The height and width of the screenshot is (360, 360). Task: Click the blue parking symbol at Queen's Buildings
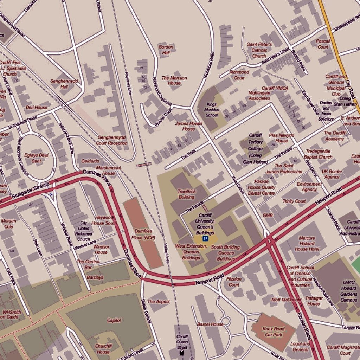point(205,239)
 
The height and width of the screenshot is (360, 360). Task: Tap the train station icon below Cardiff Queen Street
point(182,352)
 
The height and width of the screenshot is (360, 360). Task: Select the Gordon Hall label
point(166,50)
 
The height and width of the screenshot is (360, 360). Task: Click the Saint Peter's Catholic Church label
point(259,50)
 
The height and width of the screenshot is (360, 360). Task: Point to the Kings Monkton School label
point(212,110)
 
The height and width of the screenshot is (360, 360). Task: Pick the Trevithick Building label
point(186,194)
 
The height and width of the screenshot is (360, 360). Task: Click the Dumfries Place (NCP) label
point(143,234)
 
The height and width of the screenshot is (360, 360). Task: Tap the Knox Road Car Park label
point(274,332)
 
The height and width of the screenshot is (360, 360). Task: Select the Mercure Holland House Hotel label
point(307,243)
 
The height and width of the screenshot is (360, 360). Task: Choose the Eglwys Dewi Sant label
point(36,158)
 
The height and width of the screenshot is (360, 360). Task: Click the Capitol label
point(114,320)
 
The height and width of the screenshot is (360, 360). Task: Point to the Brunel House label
point(210,324)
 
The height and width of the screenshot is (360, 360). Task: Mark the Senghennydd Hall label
point(64,84)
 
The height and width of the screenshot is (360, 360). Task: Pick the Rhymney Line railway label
point(129,84)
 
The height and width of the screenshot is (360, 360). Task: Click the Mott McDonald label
point(287,300)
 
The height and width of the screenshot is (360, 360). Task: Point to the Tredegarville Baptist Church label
point(319,154)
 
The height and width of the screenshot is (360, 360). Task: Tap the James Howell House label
point(189,126)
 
